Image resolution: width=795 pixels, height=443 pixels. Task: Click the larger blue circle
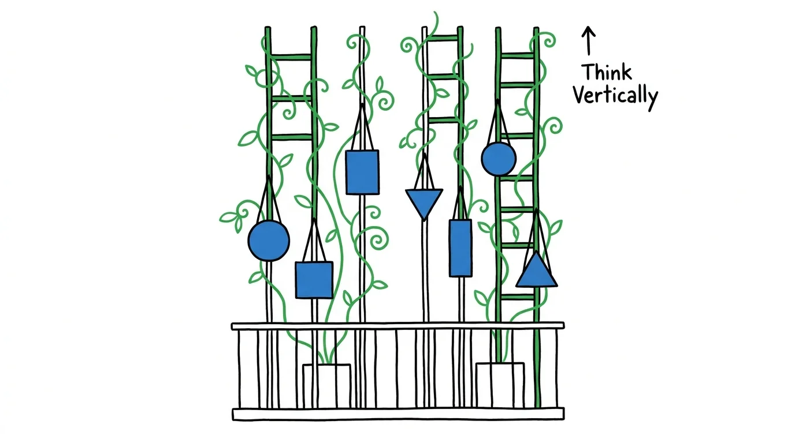pos(269,241)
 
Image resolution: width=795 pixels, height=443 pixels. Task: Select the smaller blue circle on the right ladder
pos(498,159)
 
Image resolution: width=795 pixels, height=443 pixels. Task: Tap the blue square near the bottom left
pos(314,280)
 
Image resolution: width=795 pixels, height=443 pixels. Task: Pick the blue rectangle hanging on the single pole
pos(362,172)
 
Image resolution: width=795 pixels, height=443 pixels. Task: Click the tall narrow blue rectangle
pos(460,247)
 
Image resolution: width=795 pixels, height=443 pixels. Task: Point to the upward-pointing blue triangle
pos(537,273)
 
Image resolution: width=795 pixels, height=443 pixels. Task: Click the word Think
pos(606,73)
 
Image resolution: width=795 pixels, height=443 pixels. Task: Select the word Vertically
pos(615,96)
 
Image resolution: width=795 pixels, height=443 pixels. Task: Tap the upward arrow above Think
pos(588,40)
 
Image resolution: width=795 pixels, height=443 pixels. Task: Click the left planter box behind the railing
pos(326,384)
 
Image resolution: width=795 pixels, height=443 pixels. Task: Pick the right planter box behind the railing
pos(500,384)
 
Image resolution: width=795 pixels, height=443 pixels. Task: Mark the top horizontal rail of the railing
pos(397,326)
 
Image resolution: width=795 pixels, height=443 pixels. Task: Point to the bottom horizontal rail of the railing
pos(397,414)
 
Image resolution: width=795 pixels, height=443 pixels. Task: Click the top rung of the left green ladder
pos(291,56)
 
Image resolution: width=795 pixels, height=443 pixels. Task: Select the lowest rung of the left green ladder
pos(291,137)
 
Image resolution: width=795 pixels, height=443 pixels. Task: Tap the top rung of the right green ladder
pos(517,55)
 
